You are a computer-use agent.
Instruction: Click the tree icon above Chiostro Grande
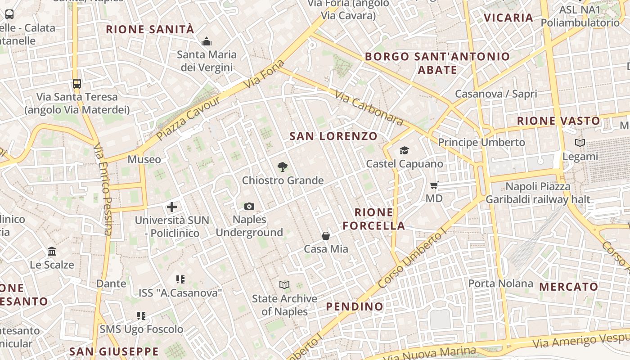point(283,167)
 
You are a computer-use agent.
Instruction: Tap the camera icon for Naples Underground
point(249,207)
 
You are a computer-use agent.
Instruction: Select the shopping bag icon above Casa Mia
point(326,236)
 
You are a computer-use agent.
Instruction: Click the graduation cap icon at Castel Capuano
point(405,150)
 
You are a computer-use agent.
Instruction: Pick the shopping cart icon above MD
point(434,185)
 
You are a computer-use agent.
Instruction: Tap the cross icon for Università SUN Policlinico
point(172,207)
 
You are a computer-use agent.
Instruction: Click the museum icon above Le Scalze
point(52,251)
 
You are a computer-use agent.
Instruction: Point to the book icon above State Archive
point(284,285)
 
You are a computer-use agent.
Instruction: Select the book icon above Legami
point(580,143)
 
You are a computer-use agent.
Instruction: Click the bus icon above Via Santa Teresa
point(77,83)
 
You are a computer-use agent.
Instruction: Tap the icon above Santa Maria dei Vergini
point(207,42)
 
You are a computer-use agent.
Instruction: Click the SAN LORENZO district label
point(333,136)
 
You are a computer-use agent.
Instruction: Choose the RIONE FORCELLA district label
point(374,219)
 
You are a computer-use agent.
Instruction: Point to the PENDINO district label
point(355,307)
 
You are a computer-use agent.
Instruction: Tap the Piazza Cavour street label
point(189,118)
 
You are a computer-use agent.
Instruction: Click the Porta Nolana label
point(501,283)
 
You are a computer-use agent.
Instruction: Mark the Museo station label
point(144,159)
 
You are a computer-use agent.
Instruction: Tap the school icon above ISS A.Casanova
point(180,279)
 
